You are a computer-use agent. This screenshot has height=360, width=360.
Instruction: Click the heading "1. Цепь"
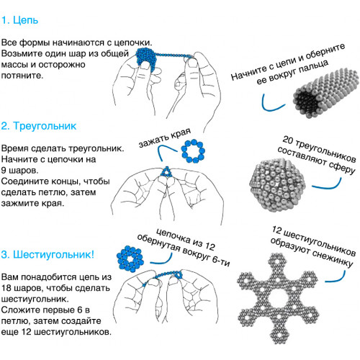(19, 20)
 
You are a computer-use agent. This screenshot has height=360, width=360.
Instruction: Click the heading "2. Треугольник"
(39, 126)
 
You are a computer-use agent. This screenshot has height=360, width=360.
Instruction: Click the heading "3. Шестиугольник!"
(48, 255)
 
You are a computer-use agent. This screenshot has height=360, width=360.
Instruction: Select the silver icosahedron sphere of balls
(277, 185)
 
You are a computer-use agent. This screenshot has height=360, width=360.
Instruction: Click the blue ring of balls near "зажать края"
(193, 152)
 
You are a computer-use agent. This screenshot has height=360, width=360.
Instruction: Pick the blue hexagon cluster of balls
(130, 259)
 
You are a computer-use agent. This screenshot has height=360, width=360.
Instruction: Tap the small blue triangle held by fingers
(166, 171)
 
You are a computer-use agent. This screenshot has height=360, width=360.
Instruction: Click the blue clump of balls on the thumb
(146, 60)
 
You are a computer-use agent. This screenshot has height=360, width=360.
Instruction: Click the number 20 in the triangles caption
(288, 140)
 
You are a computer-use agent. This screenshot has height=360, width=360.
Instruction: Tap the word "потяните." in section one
(22, 76)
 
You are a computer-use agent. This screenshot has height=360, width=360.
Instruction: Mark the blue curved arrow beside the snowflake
(337, 279)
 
